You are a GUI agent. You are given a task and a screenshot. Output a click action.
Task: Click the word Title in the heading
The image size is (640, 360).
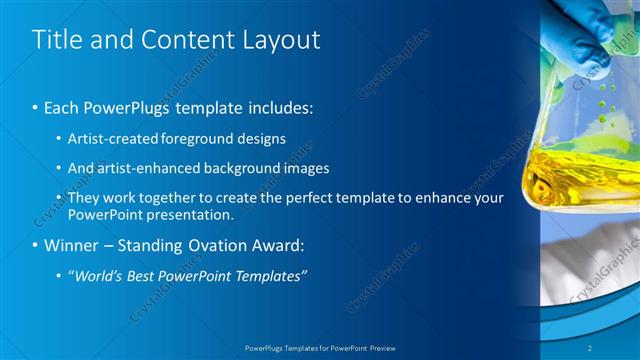tap(57, 40)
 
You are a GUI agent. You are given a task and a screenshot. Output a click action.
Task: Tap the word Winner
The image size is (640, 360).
tap(71, 245)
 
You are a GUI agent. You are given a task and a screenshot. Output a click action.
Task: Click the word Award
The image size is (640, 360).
tap(276, 245)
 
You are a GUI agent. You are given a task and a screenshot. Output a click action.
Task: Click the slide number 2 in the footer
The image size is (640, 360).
tap(619, 348)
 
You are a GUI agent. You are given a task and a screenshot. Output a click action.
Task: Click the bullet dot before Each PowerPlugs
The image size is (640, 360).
tap(36, 107)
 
